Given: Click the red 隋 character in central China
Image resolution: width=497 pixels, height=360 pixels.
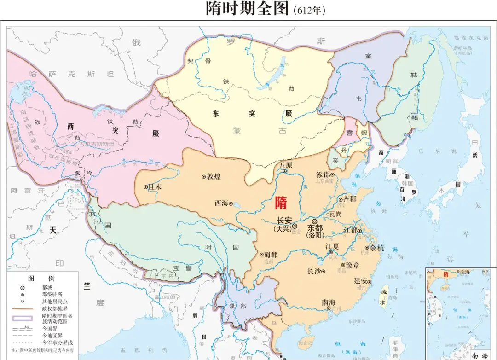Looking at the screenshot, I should (x=280, y=203).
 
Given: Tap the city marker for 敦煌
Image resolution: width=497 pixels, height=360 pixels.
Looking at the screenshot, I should (x=203, y=176).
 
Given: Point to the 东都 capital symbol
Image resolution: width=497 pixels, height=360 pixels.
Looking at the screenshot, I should (x=314, y=221).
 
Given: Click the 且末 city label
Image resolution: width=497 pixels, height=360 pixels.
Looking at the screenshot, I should (x=155, y=187).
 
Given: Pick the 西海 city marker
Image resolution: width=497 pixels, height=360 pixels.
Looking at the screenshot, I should (x=231, y=203).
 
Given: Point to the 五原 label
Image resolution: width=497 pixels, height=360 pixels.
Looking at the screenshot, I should (x=285, y=164).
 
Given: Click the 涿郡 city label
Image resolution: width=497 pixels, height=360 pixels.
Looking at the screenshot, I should (x=323, y=175).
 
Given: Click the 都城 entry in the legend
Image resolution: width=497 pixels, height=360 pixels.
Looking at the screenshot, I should (x=48, y=287).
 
